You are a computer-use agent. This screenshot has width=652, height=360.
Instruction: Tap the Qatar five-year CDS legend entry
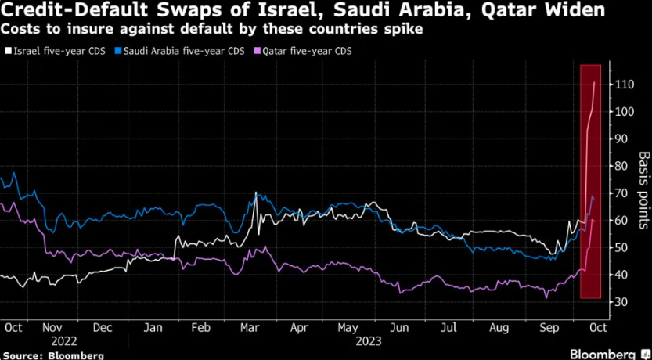coord(301,51)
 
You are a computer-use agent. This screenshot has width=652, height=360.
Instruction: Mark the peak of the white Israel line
coord(595,81)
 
